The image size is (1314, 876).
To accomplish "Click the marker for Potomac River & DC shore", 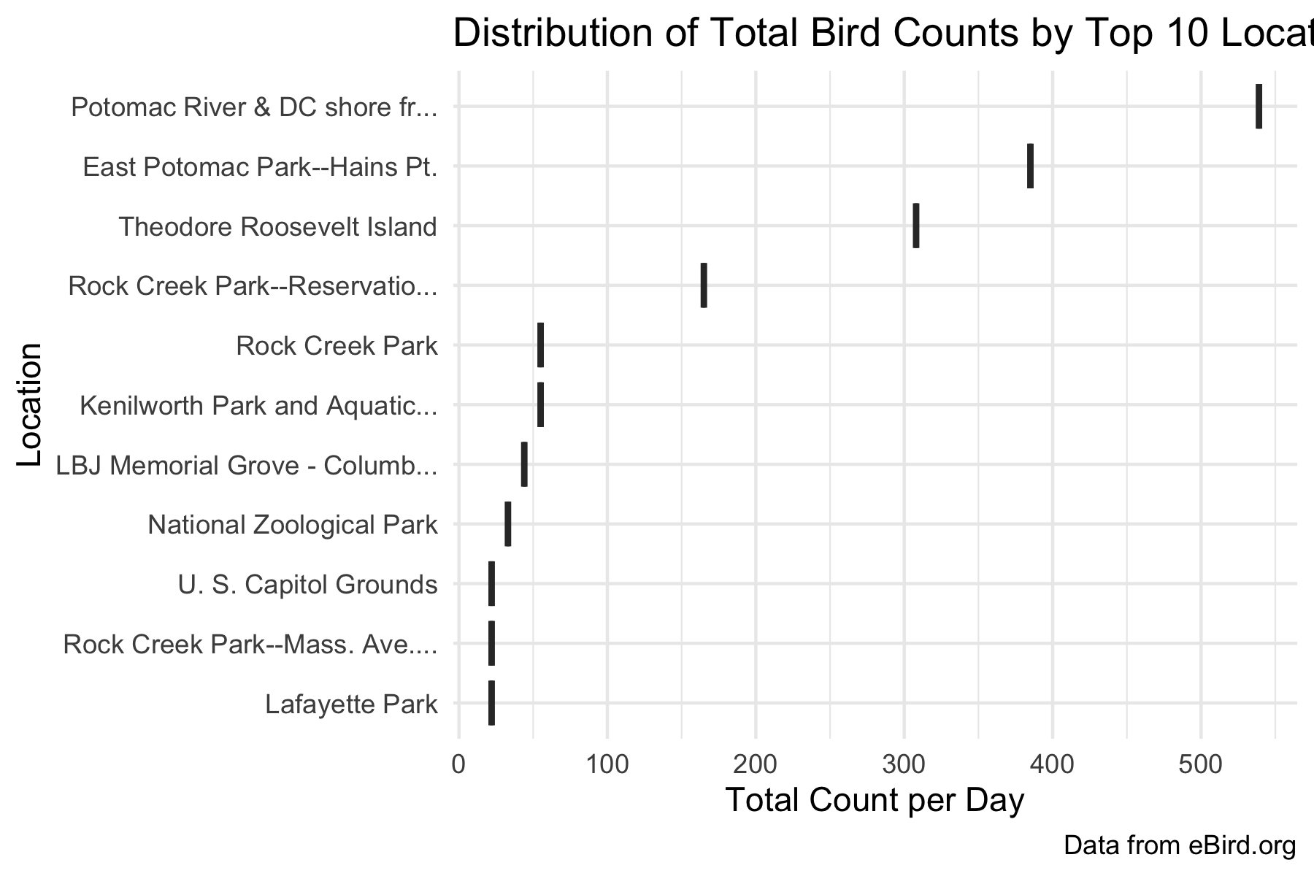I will point(1259,107).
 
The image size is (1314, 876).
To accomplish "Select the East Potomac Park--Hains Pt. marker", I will point(1030,166).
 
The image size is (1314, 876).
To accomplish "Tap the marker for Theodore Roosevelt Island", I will point(915,226).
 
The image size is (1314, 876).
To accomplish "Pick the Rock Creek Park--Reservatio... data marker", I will point(704,285).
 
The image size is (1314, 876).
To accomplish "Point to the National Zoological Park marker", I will point(508,524).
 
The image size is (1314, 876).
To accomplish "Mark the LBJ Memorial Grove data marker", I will point(524,464).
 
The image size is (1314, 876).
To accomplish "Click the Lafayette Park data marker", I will point(491,703).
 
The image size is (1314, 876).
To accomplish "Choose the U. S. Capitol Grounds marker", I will point(491,584).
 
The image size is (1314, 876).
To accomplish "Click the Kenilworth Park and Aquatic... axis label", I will point(258,405).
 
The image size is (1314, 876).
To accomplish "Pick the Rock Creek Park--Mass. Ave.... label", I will point(250,645).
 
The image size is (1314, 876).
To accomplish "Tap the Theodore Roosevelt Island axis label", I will point(277,227).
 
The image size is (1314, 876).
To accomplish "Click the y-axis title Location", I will point(29,405).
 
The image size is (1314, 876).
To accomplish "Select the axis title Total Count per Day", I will point(875,801).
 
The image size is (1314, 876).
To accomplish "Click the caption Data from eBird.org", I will point(1179,845).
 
